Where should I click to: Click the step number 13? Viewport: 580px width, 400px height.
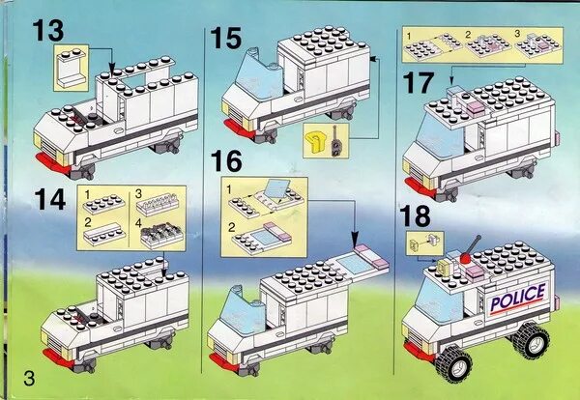[x=47, y=30]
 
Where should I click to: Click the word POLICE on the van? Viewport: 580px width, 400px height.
[x=518, y=300]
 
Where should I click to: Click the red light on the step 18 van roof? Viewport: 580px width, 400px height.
[x=467, y=258]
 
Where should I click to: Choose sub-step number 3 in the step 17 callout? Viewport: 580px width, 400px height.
[x=520, y=34]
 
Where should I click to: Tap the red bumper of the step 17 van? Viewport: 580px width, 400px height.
[x=415, y=185]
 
